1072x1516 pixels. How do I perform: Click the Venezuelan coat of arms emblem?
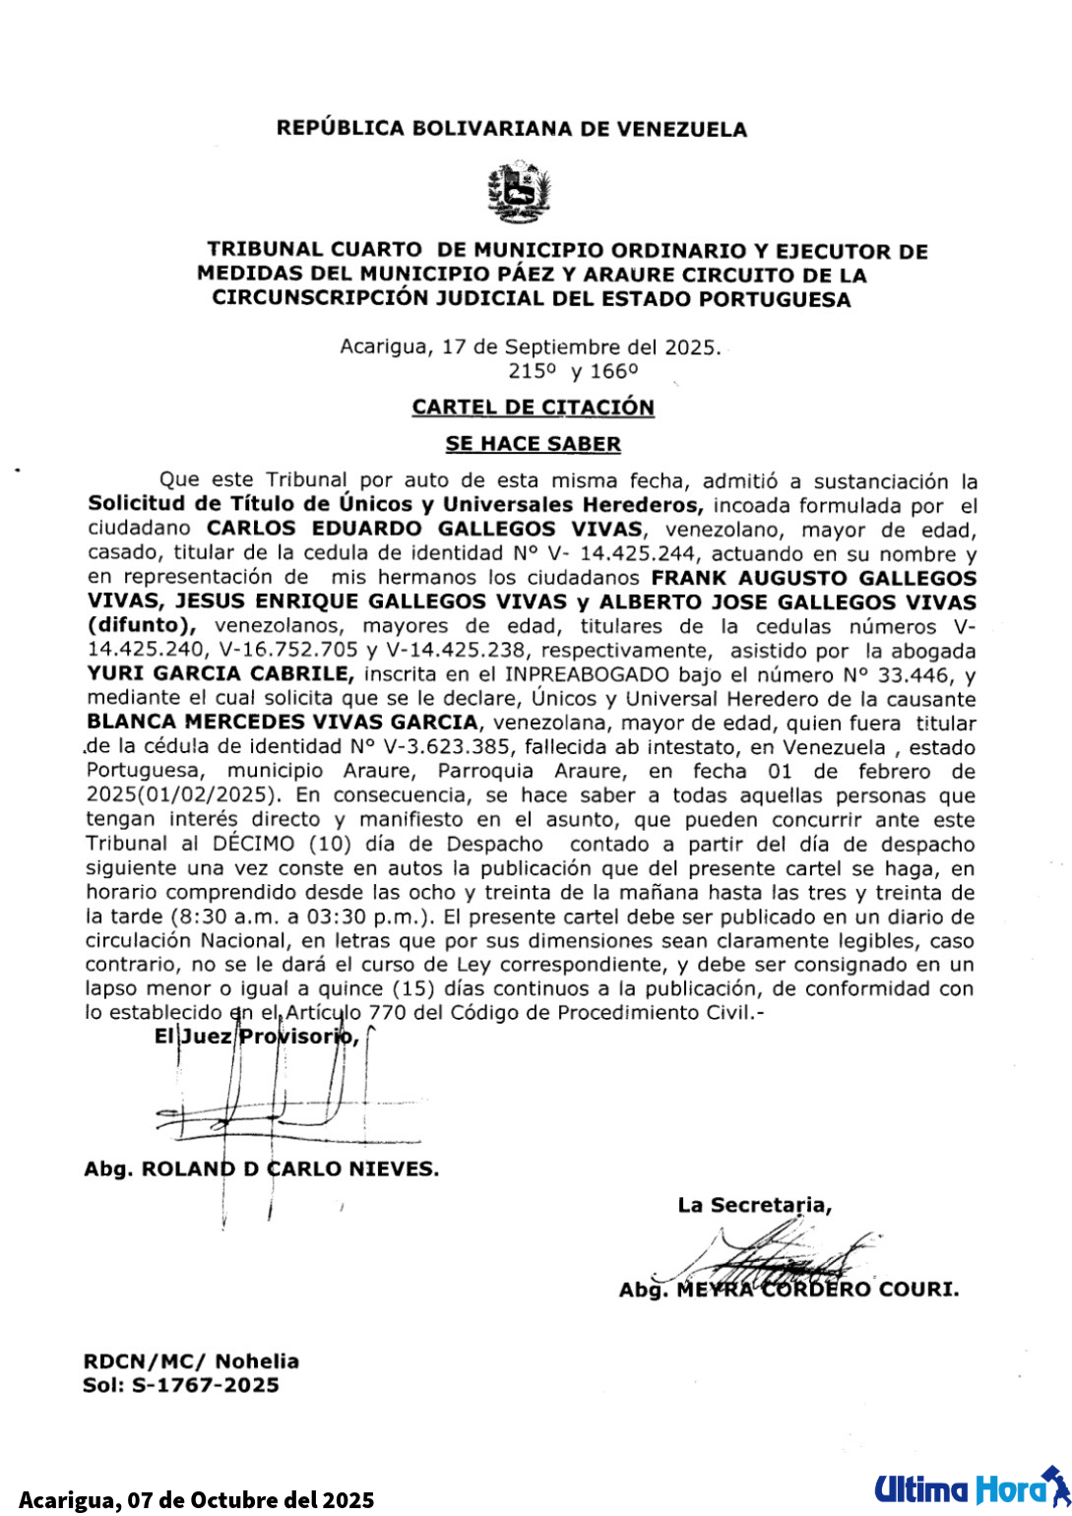519,193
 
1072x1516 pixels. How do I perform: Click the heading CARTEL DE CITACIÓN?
533,407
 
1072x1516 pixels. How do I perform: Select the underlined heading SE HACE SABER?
533,444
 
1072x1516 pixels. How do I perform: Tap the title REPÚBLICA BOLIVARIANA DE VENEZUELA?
511,129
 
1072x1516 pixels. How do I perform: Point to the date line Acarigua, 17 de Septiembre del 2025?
530,347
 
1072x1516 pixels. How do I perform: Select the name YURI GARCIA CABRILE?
220,674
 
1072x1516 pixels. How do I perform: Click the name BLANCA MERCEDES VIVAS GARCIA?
282,723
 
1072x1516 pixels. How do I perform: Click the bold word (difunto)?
142,626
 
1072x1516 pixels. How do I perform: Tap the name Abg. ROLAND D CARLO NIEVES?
261,1169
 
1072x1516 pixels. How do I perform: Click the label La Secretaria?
754,1205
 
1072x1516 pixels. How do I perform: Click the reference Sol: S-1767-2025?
181,1385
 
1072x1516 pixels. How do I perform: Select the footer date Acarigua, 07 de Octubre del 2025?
197,1499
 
